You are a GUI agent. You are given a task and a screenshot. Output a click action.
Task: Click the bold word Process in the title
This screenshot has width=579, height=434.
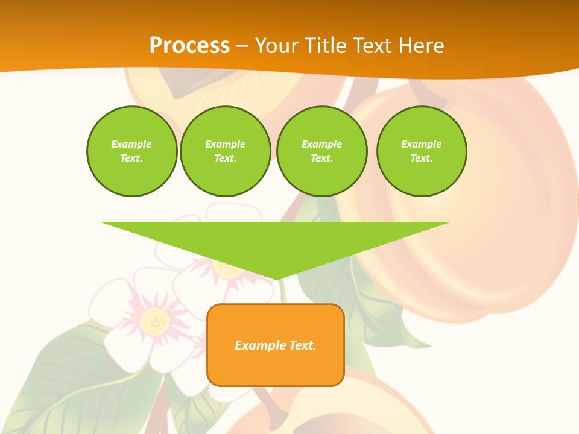coord(189,45)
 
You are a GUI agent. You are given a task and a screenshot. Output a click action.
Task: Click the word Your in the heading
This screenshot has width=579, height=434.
coord(278,45)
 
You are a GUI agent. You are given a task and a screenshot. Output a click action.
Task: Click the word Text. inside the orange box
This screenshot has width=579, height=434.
coord(303,345)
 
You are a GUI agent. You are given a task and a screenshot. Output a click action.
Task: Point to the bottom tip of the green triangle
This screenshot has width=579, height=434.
coord(276,278)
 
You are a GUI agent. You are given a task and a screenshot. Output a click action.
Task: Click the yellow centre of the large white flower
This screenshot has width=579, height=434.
coord(155,322)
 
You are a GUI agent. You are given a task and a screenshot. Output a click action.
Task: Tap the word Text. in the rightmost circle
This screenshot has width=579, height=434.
coord(421,158)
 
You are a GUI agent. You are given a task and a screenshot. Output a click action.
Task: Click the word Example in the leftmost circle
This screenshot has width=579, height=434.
coord(131,144)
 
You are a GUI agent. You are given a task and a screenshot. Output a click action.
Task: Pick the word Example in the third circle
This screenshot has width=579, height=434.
coord(321,144)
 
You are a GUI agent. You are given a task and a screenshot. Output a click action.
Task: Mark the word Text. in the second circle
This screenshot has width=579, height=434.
coord(225,158)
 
